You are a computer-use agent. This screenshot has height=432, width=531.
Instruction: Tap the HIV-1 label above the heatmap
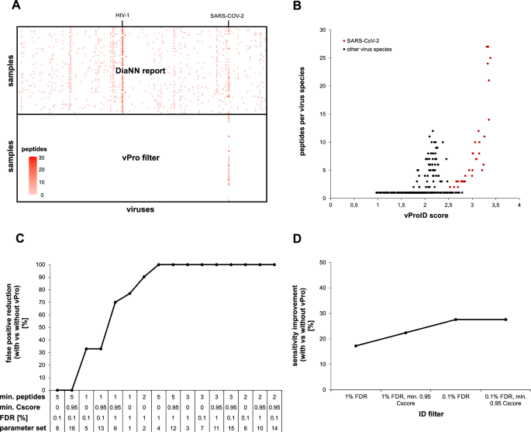[x=122, y=15]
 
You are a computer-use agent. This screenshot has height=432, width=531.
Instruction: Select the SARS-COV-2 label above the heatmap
[x=228, y=15]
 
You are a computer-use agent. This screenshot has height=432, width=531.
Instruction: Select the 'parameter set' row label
[x=22, y=426]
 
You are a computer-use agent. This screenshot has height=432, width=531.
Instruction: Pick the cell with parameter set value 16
[x=72, y=426]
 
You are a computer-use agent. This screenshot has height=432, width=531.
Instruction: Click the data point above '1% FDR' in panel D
[x=356, y=346]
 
